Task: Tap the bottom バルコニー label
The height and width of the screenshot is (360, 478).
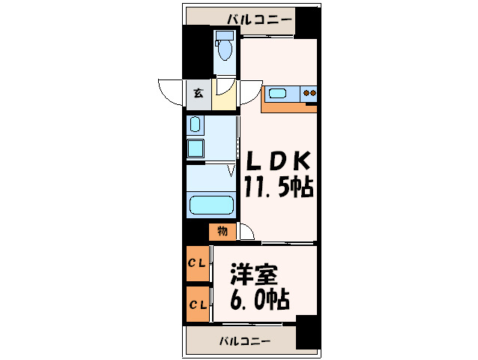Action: tap(245, 341)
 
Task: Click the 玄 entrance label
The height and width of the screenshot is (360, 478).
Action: tap(199, 94)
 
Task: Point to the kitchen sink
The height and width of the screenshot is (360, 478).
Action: tap(278, 94)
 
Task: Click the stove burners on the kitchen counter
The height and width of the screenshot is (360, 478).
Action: tap(309, 94)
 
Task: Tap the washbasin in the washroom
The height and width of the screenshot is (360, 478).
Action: tap(196, 124)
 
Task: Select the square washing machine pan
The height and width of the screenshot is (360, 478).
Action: tap(196, 148)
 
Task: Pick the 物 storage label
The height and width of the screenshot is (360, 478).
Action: tap(223, 231)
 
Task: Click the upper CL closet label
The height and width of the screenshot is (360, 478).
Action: tap(197, 262)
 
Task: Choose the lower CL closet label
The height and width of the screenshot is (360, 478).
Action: tap(197, 304)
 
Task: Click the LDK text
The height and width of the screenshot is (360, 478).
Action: tap(275, 160)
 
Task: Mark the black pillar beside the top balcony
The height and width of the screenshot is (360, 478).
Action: tap(307, 22)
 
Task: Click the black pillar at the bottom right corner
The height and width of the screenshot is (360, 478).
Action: tap(307, 332)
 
